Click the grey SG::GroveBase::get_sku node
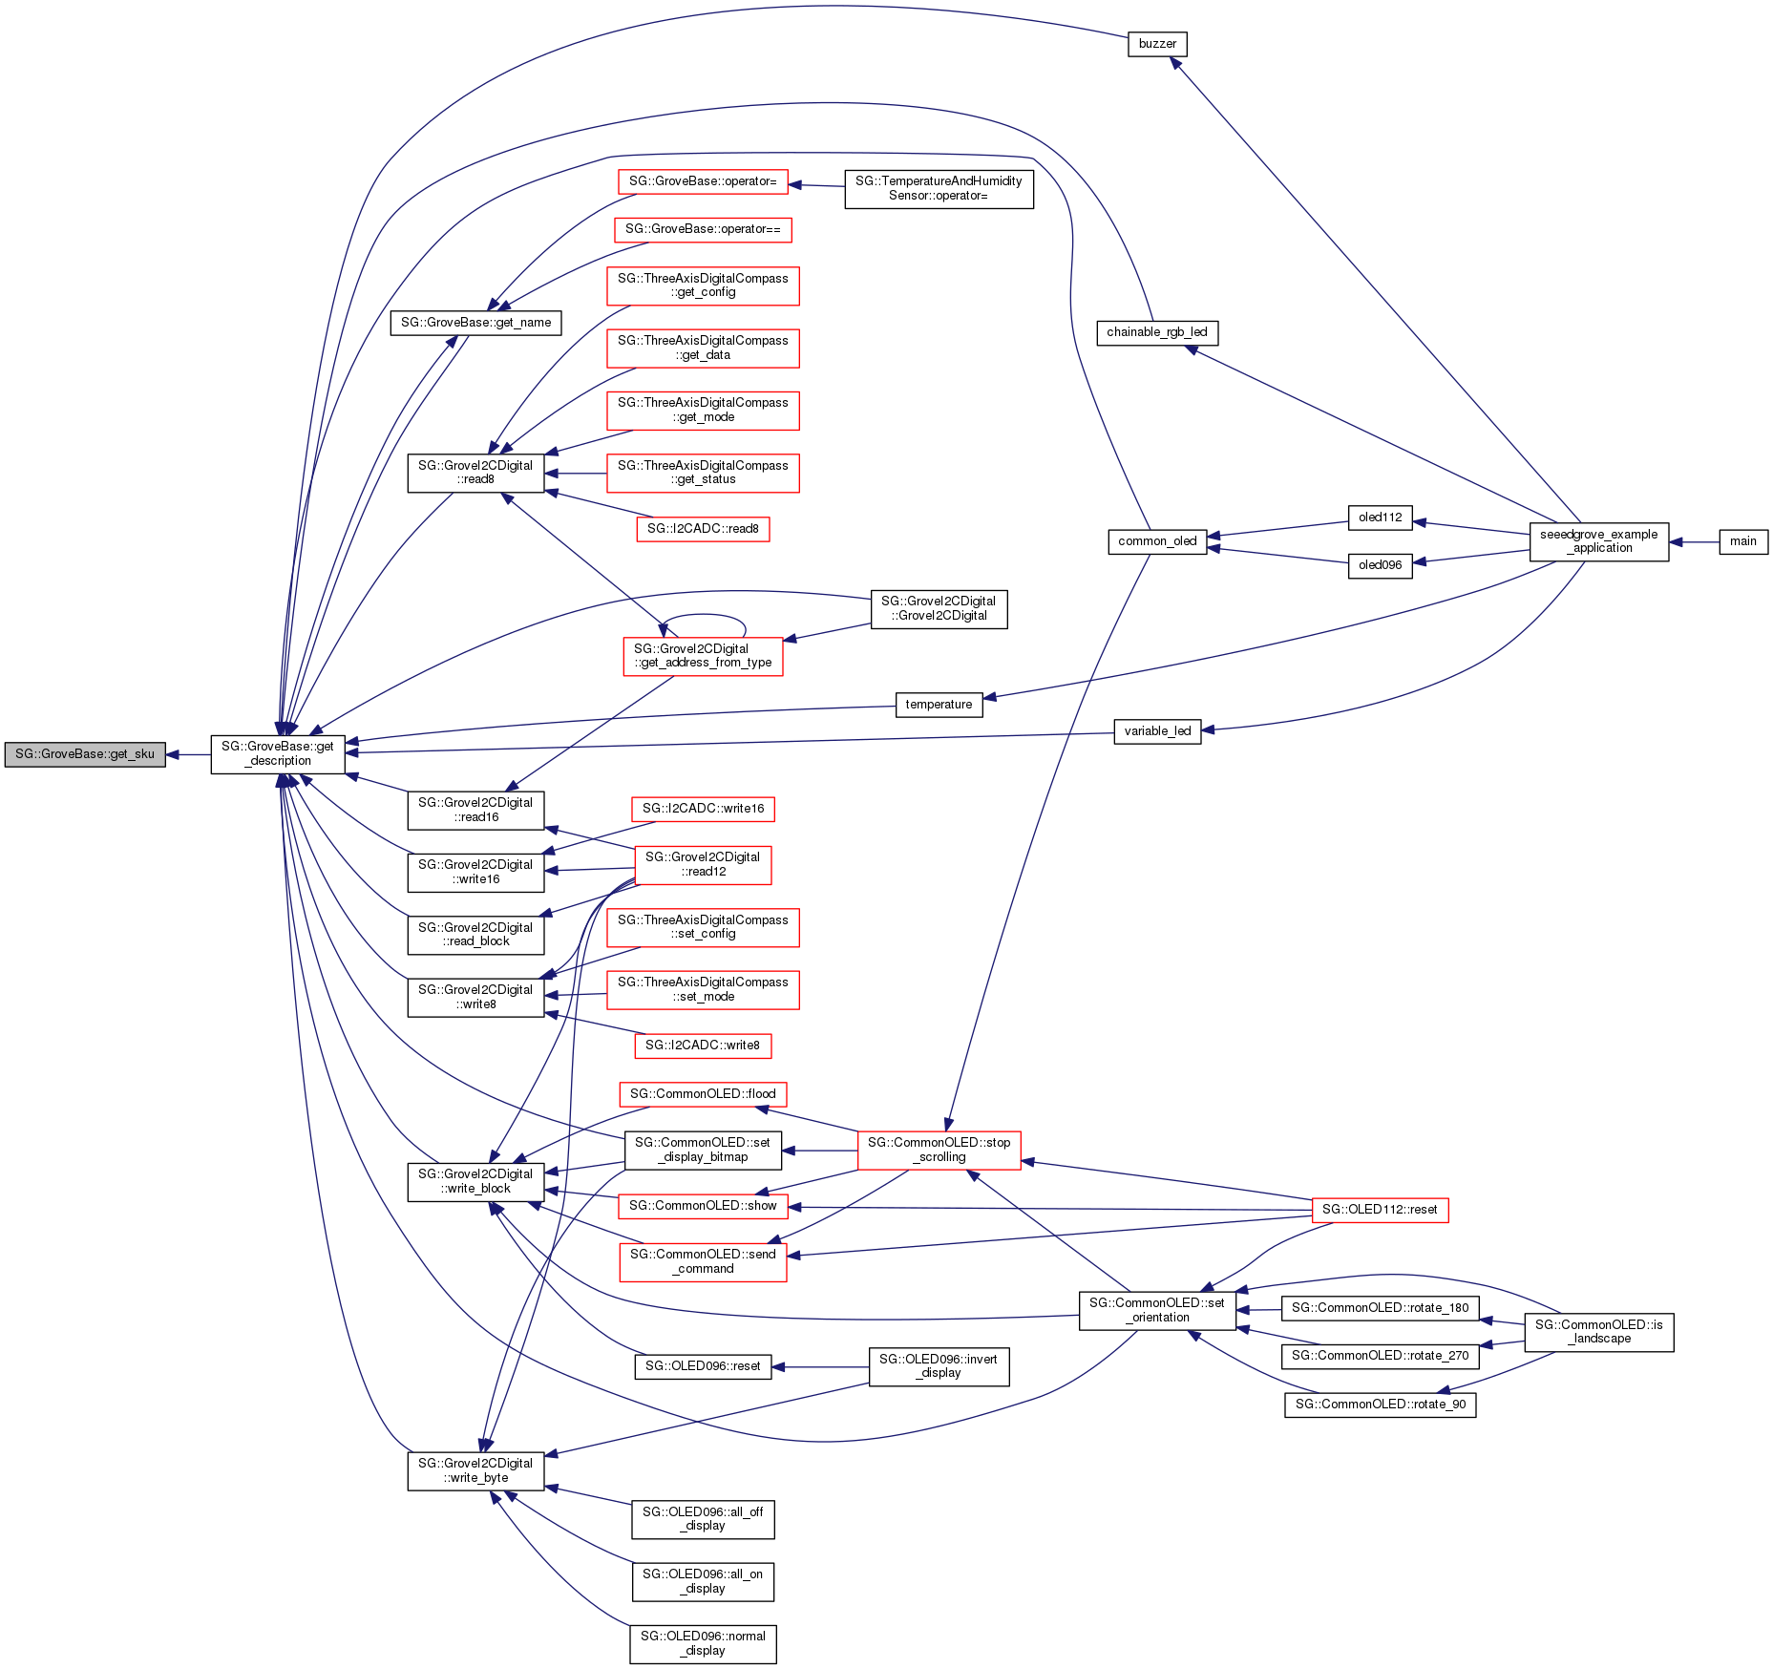85,754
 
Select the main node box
1742,541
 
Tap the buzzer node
1157,44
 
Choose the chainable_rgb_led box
1157,332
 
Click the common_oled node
1157,541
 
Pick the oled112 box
1380,518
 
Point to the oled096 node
1380,565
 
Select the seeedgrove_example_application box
1598,541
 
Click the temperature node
939,705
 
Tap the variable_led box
1157,731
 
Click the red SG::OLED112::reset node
1380,1210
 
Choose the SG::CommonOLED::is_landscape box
1598,1332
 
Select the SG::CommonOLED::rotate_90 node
1380,1405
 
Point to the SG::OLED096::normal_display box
703,1643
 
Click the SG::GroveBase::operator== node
703,229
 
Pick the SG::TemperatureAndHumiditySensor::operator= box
939,188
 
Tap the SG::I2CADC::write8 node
703,1046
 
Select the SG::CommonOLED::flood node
703,1094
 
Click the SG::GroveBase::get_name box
475,323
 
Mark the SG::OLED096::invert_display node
939,1366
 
